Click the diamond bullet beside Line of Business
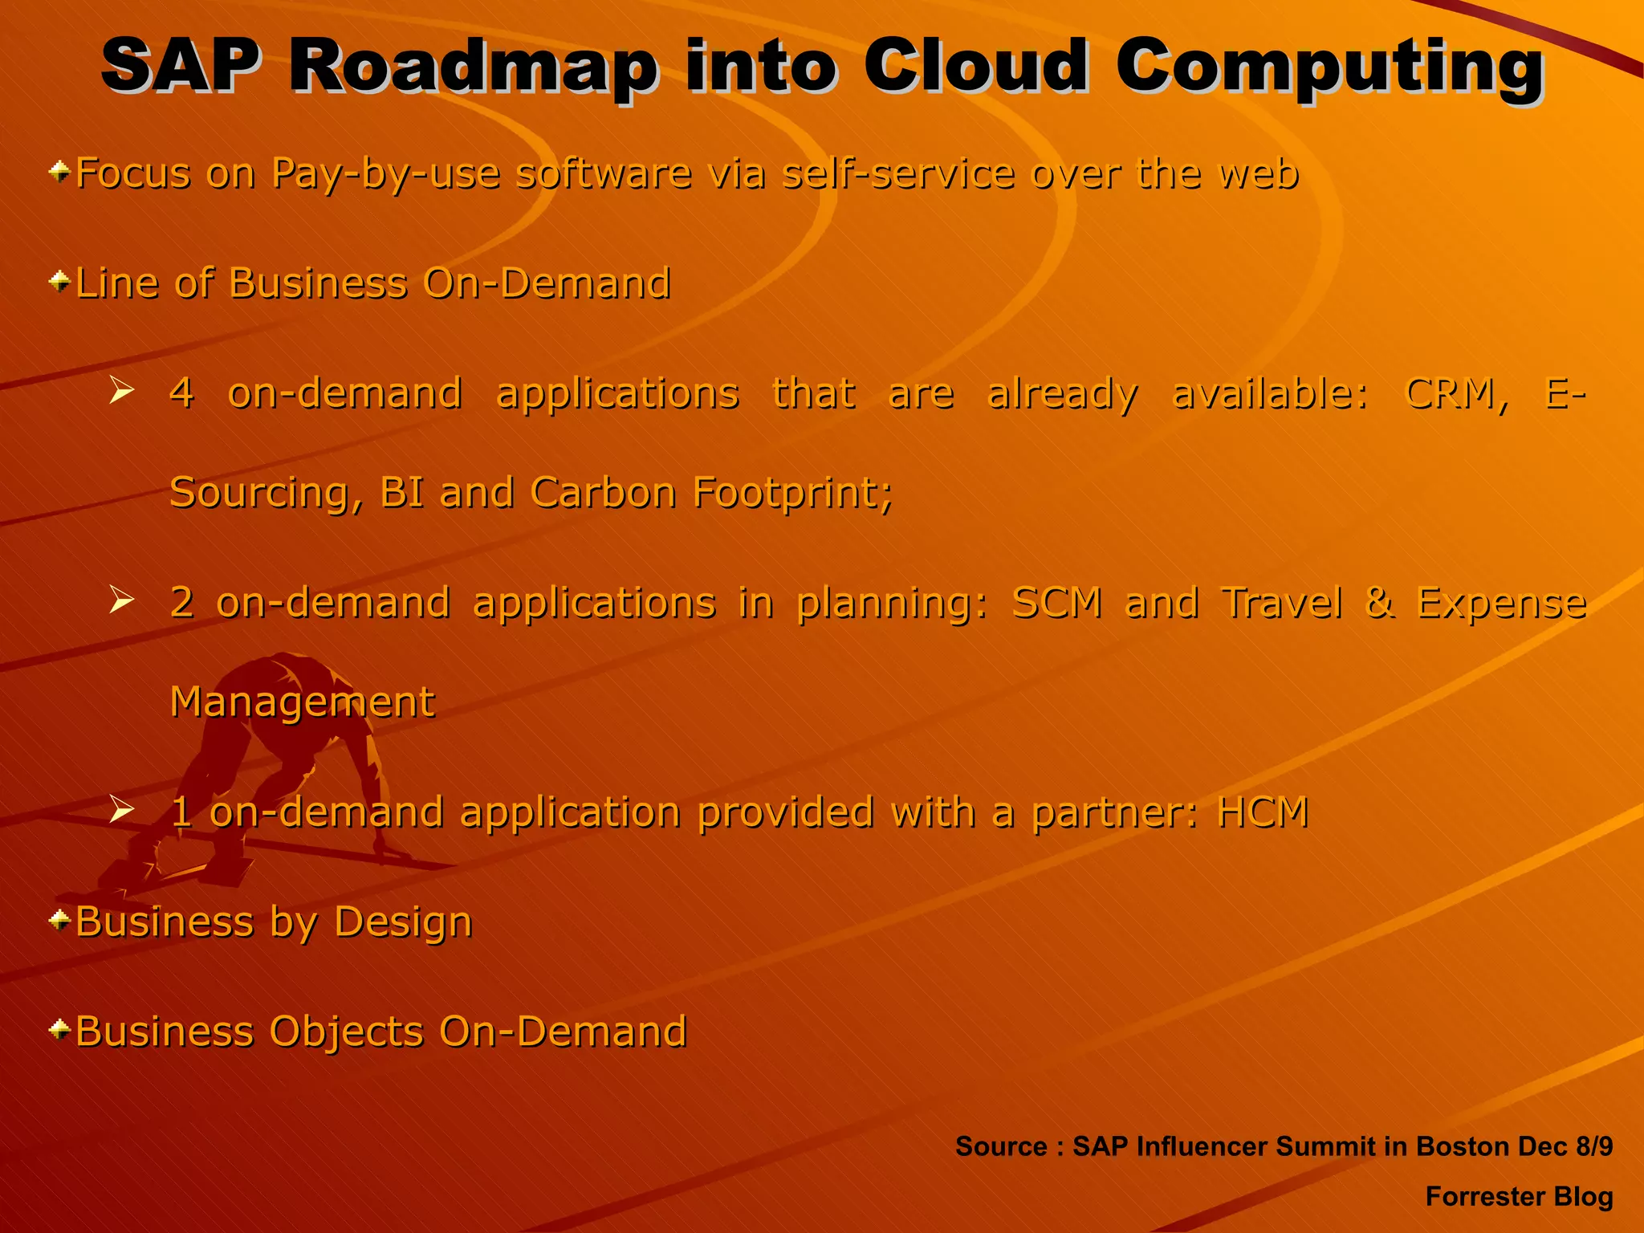[x=59, y=282]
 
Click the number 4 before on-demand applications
[x=181, y=393]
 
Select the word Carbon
[x=603, y=492]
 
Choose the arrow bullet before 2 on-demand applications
[x=121, y=600]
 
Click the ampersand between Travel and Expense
[x=1379, y=602]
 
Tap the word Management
[x=302, y=702]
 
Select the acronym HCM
[x=1263, y=812]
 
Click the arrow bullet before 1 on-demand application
[x=121, y=808]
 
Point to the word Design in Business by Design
[x=403, y=922]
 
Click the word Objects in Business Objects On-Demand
[x=346, y=1032]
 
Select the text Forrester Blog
[x=1519, y=1197]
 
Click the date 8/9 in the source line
[x=1593, y=1146]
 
